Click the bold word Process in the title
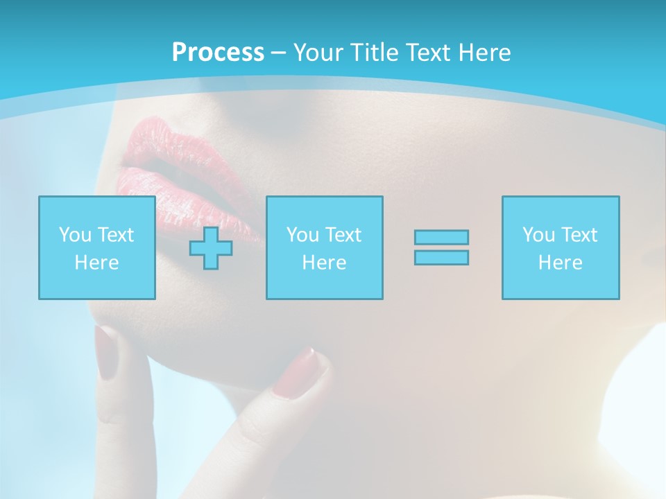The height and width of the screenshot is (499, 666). [x=218, y=53]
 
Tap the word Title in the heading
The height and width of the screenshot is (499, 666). [x=370, y=53]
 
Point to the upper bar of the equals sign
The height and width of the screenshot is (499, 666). [x=441, y=237]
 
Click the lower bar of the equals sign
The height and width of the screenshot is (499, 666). [x=441, y=257]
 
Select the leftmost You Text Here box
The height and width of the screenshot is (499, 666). [x=97, y=247]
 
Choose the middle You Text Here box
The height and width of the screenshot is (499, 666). [x=324, y=247]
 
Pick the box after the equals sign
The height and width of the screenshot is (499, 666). [x=561, y=247]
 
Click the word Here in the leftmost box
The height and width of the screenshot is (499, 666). [x=97, y=263]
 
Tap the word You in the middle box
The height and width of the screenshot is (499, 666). [x=302, y=235]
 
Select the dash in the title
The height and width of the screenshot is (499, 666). [x=278, y=53]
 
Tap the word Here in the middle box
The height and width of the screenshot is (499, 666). [x=324, y=263]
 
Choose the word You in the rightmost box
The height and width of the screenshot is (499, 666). [x=538, y=235]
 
